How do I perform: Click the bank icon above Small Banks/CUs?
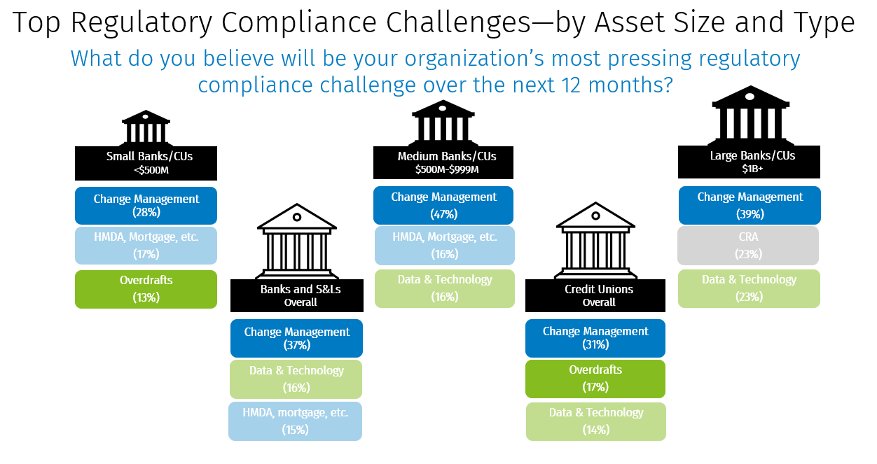[x=146, y=127]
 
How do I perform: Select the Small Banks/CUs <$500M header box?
[x=146, y=162]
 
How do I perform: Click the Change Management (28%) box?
[x=146, y=206]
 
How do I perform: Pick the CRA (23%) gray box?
[x=748, y=245]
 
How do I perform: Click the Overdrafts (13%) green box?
[x=146, y=288]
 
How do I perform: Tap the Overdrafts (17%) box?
[x=595, y=378]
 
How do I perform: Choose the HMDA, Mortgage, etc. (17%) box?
[x=146, y=245]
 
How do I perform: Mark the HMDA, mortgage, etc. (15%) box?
[x=295, y=421]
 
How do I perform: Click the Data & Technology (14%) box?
[x=595, y=421]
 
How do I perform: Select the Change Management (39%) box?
[x=750, y=205]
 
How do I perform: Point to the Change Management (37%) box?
[x=296, y=338]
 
